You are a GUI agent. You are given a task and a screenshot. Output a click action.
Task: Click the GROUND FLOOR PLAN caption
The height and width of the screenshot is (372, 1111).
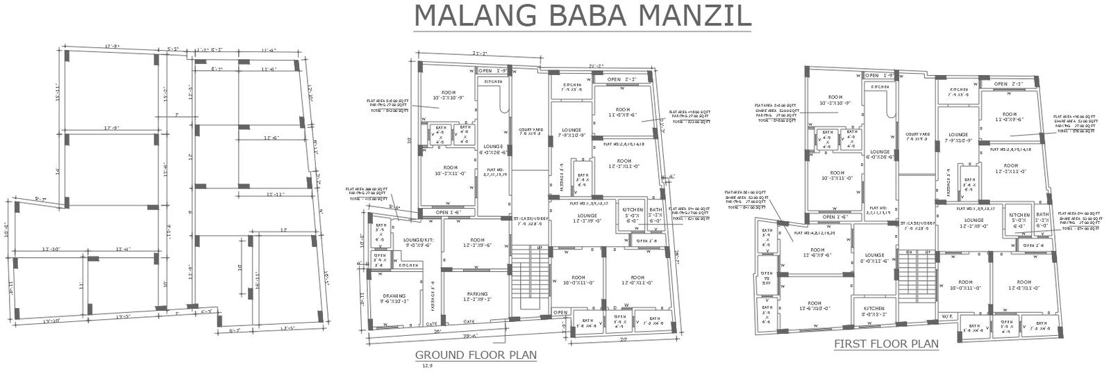point(476,355)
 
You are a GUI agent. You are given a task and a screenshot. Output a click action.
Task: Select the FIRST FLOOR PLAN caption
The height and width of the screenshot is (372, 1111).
point(886,343)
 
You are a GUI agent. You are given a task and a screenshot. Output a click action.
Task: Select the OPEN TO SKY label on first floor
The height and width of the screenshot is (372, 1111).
point(766,278)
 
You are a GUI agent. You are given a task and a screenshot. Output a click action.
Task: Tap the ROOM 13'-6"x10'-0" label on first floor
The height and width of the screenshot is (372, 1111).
point(815,306)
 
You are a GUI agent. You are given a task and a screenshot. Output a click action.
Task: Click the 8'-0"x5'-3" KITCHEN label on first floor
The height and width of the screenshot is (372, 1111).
point(874,311)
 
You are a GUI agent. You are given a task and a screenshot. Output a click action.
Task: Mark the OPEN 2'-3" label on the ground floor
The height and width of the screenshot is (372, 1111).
point(621,79)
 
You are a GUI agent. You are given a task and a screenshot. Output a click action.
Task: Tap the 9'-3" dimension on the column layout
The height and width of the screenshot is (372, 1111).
point(40,200)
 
